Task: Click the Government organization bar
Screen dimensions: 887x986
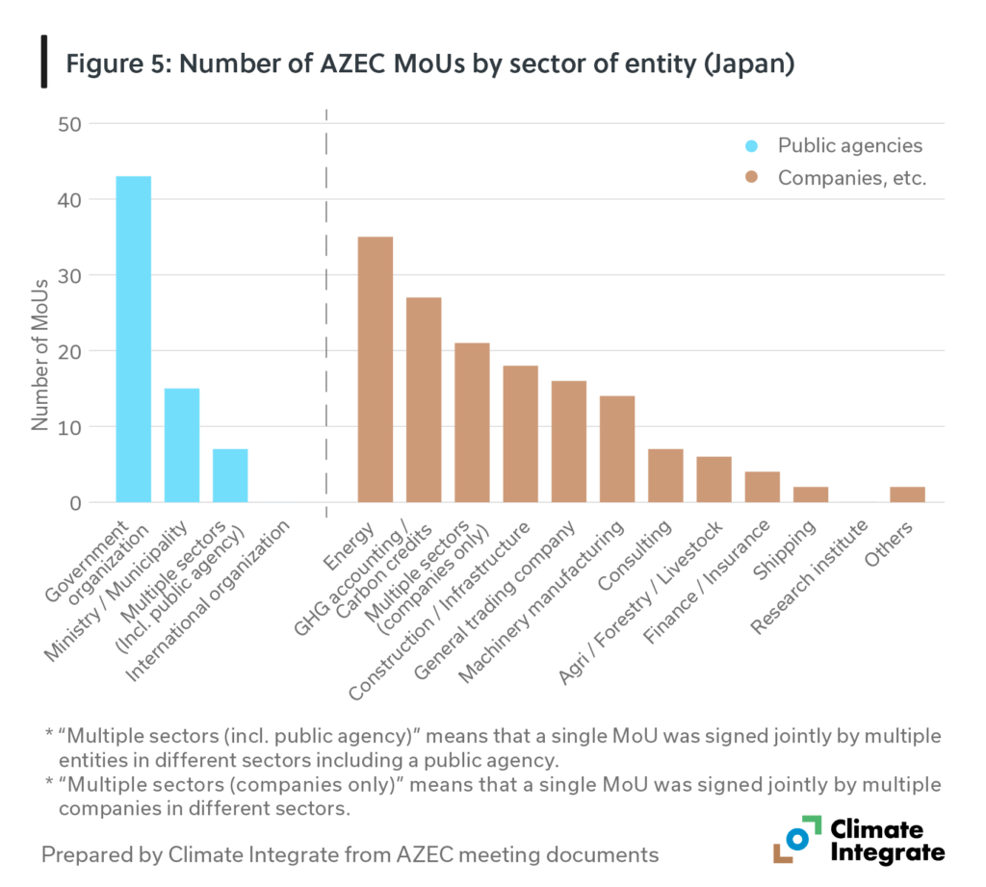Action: coord(133,339)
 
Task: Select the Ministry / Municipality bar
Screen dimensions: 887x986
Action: coord(182,444)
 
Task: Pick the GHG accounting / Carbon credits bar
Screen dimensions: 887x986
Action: coord(424,399)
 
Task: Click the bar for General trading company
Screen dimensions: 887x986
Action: coord(568,441)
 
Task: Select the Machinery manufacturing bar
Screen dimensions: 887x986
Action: coord(616,448)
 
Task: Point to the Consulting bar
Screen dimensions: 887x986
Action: coord(665,475)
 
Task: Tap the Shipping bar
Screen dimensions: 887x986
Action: coord(810,494)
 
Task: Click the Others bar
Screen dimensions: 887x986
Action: coord(907,494)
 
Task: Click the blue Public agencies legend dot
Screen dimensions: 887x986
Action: coord(752,146)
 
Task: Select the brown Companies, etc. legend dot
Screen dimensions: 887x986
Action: coord(752,178)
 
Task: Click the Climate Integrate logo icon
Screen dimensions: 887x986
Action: coord(796,840)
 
